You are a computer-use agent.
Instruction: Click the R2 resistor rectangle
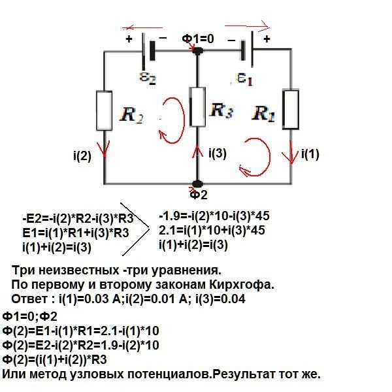(105, 113)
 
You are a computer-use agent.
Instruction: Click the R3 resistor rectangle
(197, 109)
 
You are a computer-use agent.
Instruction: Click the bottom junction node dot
(197, 184)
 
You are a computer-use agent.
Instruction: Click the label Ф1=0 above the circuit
(198, 39)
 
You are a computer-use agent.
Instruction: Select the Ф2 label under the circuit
(198, 195)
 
